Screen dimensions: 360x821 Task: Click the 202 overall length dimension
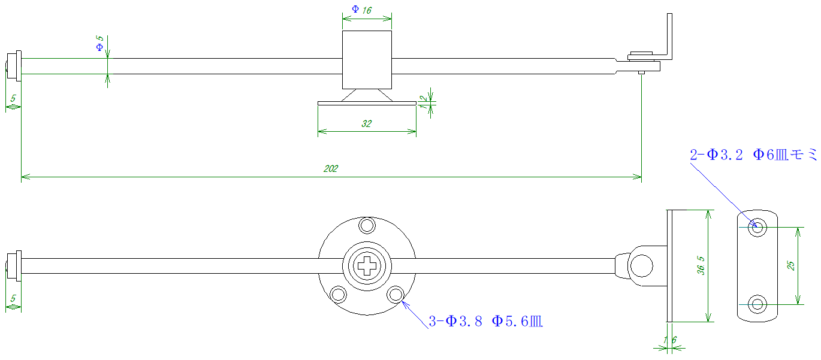coord(331,169)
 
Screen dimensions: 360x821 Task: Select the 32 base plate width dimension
coord(367,124)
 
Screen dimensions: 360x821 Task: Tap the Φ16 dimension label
coord(362,10)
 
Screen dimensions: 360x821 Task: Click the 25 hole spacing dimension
coord(790,266)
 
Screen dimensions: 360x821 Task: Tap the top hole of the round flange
coord(366,226)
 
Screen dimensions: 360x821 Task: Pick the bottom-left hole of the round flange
coord(339,295)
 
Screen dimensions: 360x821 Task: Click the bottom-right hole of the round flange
coord(395,294)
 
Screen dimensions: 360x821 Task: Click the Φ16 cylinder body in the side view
coord(367,59)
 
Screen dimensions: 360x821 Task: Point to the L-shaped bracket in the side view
coord(668,36)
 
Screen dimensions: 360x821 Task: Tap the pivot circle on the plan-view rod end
coord(642,266)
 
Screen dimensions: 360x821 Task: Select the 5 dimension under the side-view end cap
coord(13,98)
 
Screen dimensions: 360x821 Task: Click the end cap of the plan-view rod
coord(14,266)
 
